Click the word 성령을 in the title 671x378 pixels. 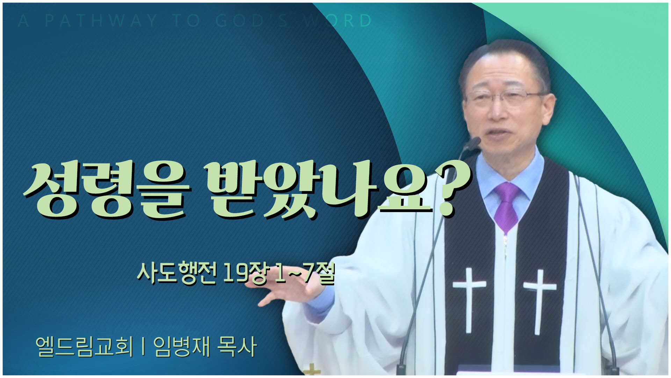107,190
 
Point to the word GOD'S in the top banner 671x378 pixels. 252,21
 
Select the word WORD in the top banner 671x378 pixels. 338,21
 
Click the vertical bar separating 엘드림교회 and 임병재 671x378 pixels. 144,347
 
